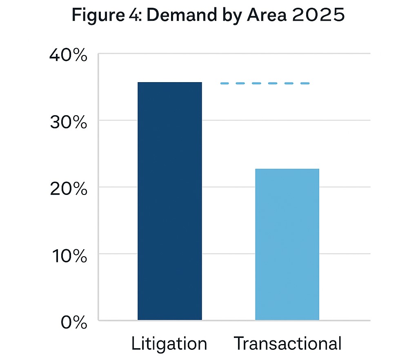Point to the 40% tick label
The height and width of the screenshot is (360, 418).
point(68,55)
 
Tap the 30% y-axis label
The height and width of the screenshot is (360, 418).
point(68,122)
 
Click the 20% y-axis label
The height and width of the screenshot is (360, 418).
point(68,189)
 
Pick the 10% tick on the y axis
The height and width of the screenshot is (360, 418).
point(68,256)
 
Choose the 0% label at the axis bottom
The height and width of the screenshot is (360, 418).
point(74,323)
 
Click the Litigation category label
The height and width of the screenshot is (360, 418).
point(169,344)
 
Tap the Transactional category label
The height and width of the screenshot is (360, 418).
point(287,344)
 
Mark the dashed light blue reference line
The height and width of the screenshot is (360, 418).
point(265,83)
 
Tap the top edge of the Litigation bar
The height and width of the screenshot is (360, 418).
point(169,83)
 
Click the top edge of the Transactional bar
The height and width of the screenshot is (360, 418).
point(287,169)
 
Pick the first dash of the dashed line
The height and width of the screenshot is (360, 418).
point(224,83)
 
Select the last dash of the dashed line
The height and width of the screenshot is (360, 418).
point(305,83)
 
